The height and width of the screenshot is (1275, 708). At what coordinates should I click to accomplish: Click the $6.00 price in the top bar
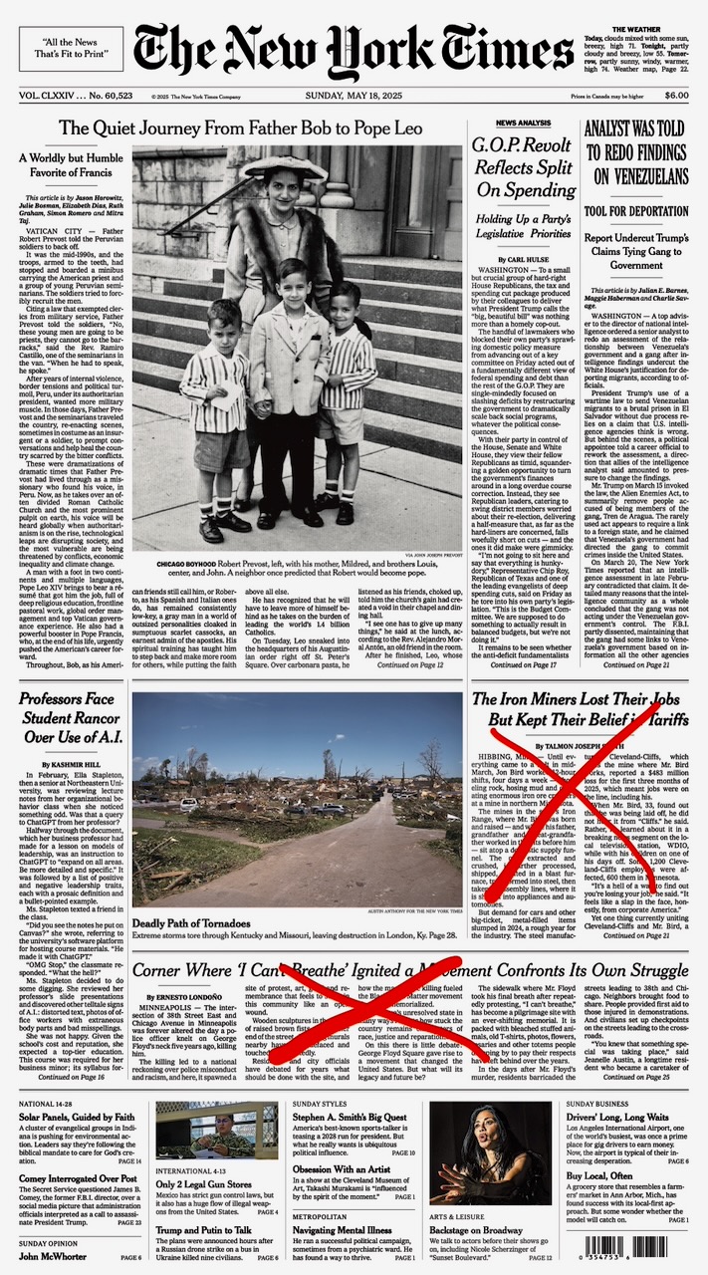676,96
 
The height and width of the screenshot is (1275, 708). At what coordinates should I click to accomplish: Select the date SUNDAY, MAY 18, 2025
353,96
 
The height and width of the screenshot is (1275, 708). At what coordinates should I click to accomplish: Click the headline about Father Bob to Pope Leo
240,128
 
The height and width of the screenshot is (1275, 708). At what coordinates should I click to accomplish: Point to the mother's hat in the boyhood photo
284,167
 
